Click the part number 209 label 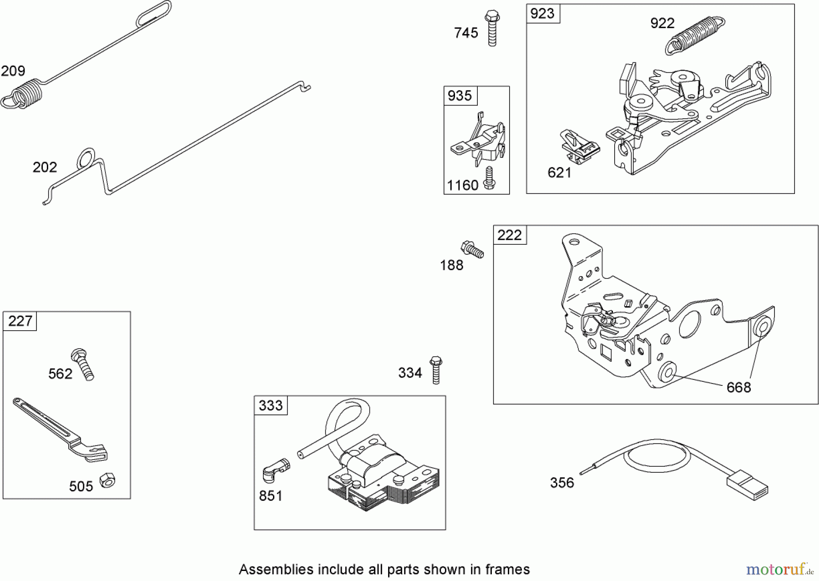tap(13, 71)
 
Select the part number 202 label tap(45, 167)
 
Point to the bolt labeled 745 tap(492, 28)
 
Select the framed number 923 tap(542, 14)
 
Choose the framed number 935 tap(460, 96)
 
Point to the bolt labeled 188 tap(472, 249)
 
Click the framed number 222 tap(510, 235)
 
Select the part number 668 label tap(738, 388)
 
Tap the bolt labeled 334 tap(436, 370)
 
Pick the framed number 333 tap(270, 405)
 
